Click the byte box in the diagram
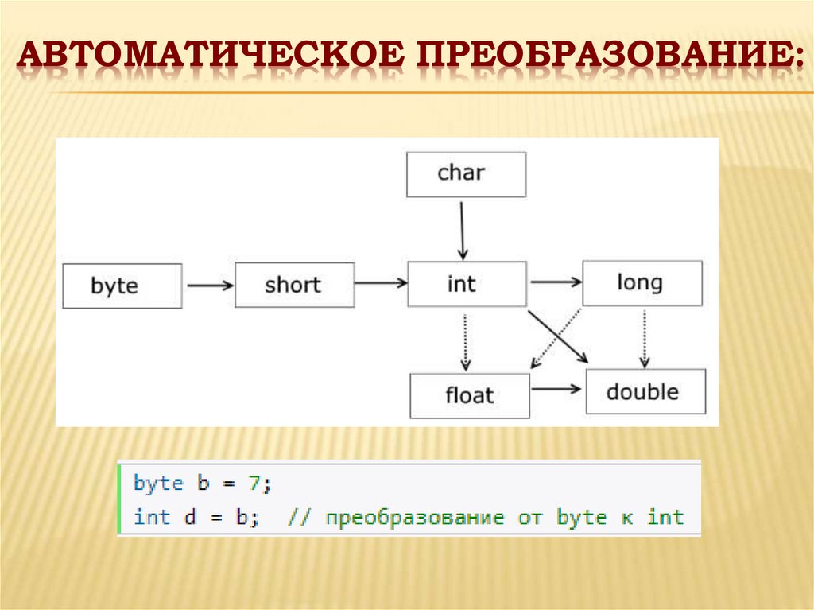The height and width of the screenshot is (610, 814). (x=122, y=286)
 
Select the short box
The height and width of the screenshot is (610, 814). (x=294, y=285)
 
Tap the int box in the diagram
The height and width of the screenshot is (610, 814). (x=467, y=284)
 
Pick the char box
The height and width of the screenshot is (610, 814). (x=466, y=173)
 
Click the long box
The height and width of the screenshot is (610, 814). (x=642, y=282)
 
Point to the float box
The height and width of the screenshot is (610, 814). (x=470, y=395)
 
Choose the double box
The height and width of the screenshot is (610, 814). (x=645, y=391)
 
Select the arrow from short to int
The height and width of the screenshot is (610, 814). (x=381, y=282)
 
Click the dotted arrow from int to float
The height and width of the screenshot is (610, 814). (x=466, y=340)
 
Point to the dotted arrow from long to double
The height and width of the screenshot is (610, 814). (x=644, y=337)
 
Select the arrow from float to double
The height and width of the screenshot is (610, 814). (x=556, y=389)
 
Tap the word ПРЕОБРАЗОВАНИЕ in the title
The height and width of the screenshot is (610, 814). (x=610, y=59)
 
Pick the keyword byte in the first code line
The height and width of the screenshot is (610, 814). (x=158, y=484)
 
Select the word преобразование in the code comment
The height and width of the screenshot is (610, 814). (x=414, y=518)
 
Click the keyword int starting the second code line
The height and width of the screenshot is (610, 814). (x=152, y=518)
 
